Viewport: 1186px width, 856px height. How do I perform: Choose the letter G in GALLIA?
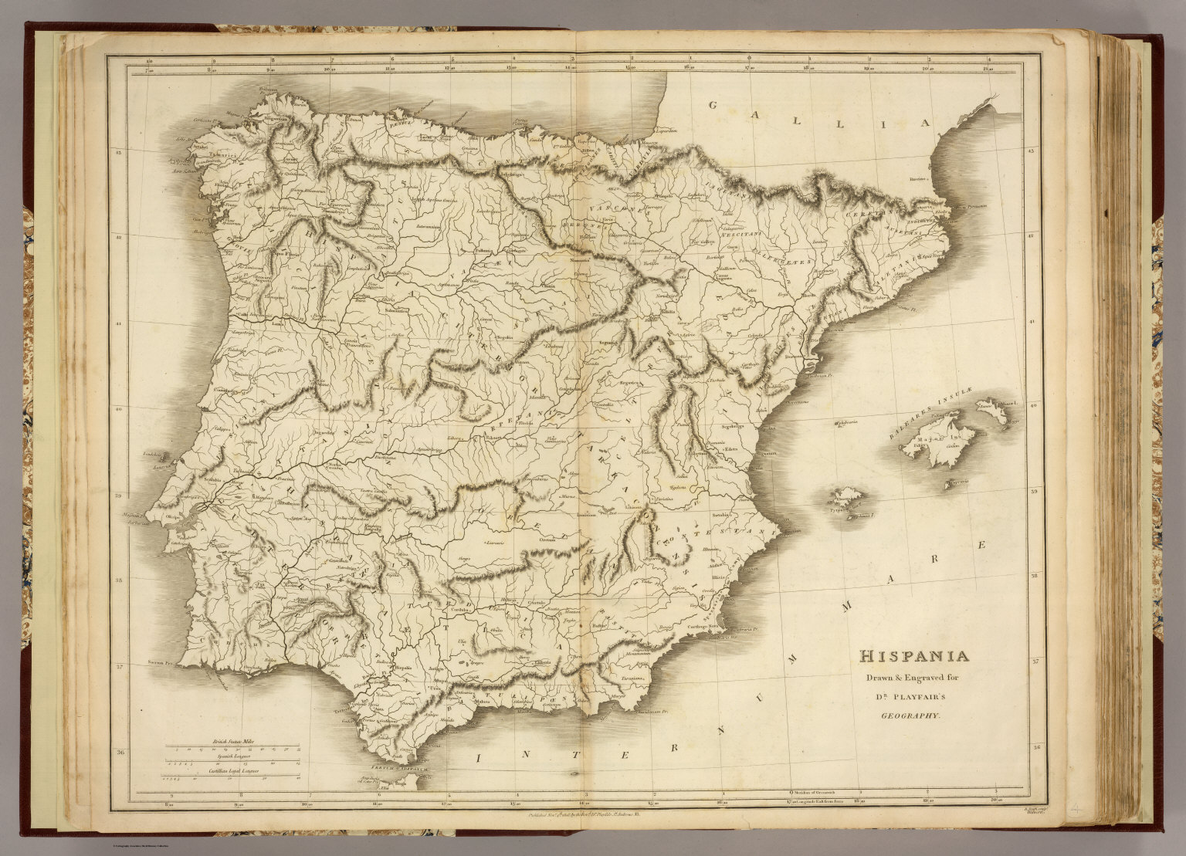pyautogui.click(x=716, y=107)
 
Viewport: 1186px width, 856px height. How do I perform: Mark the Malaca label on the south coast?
pyautogui.click(x=484, y=701)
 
